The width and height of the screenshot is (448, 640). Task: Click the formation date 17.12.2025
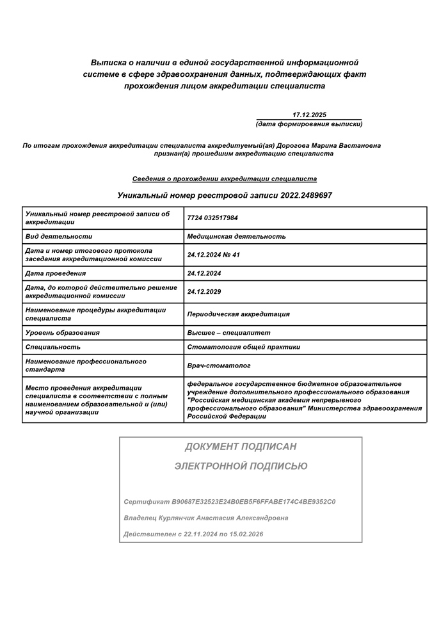309,115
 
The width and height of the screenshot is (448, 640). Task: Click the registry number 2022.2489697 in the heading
306,195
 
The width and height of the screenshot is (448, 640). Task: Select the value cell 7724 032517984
212,218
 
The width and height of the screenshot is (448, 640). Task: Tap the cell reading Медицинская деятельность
236,237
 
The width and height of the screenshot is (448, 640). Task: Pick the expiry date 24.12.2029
204,292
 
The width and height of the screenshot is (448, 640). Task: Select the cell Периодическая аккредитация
238,314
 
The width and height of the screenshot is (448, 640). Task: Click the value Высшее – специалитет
228,333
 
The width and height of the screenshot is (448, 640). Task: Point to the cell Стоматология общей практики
243,347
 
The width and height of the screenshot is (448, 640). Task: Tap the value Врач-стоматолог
218,365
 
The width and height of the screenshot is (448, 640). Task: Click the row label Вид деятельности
59,237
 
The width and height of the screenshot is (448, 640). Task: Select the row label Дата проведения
56,273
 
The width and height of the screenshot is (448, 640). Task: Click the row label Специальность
52,347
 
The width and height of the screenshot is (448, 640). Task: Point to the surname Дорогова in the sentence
293,145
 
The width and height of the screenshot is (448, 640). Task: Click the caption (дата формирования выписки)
308,124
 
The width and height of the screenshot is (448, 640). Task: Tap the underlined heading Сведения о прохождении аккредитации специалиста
224,179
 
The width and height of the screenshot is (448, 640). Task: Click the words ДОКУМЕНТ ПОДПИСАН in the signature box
241,447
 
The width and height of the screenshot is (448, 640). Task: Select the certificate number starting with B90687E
253,502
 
